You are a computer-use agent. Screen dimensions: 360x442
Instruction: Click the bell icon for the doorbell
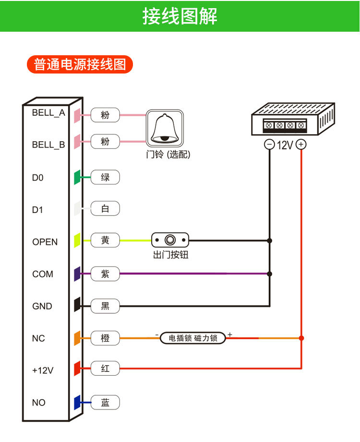tap(165, 128)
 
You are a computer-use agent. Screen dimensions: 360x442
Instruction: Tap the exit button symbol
tap(170, 240)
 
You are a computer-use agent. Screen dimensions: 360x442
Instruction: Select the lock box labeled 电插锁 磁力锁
tap(193, 338)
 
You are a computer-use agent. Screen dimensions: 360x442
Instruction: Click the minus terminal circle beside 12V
tap(269, 145)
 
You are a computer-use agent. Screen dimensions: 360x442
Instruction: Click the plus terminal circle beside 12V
tap(301, 144)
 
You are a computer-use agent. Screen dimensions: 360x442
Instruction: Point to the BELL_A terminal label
tap(48, 113)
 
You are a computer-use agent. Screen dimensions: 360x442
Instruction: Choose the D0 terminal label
tap(37, 178)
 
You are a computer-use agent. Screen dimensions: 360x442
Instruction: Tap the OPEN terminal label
tap(45, 242)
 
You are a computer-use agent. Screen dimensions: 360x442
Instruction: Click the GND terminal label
tap(42, 306)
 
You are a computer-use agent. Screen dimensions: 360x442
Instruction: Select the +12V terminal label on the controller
tap(43, 370)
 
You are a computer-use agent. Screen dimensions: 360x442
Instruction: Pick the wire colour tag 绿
tap(105, 177)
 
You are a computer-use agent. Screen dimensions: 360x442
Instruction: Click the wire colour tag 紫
tap(105, 274)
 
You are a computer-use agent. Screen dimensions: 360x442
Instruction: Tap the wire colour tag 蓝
tap(105, 403)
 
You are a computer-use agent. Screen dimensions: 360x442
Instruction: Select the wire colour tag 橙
tap(105, 338)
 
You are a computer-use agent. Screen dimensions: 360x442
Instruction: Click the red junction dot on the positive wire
tap(301, 338)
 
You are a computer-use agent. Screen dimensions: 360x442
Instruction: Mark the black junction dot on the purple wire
tap(270, 274)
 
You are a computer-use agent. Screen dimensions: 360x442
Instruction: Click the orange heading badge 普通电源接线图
tap(80, 64)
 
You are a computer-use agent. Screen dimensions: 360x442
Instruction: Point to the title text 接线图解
tap(180, 16)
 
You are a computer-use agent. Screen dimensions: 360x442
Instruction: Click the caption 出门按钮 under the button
tap(171, 255)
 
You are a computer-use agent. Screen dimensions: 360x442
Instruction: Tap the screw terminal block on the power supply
tap(285, 125)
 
